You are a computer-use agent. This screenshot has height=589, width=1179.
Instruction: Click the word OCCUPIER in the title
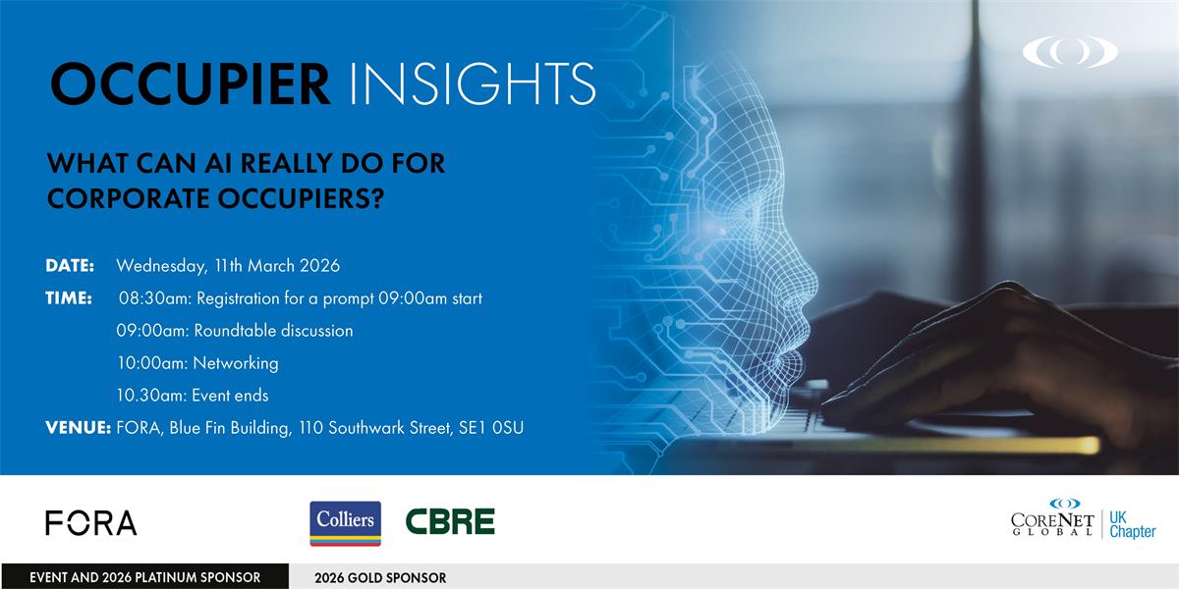pyautogui.click(x=190, y=84)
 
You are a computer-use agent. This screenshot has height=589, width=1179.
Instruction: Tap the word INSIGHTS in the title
pyautogui.click(x=473, y=84)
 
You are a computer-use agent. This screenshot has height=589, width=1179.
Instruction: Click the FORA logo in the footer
pyautogui.click(x=91, y=522)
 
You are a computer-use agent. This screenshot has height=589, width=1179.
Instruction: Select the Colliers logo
pyautogui.click(x=345, y=523)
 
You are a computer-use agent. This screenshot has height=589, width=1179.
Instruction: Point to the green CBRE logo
pyautogui.click(x=450, y=521)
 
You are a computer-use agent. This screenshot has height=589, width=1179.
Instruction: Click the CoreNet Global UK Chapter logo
pyautogui.click(x=1083, y=518)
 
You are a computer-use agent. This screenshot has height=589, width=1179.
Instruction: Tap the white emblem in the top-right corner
pyautogui.click(x=1070, y=51)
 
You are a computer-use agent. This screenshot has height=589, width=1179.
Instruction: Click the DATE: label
pyautogui.click(x=70, y=266)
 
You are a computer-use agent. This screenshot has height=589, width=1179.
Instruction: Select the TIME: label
pyautogui.click(x=69, y=298)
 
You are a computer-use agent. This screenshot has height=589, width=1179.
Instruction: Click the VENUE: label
pyautogui.click(x=79, y=428)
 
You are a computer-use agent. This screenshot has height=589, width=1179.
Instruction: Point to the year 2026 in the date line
pyautogui.click(x=319, y=266)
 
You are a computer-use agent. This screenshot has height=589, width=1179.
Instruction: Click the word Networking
pyautogui.click(x=236, y=363)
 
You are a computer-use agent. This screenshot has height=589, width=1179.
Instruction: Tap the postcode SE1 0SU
pyautogui.click(x=491, y=428)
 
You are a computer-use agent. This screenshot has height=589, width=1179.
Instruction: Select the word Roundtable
pyautogui.click(x=235, y=330)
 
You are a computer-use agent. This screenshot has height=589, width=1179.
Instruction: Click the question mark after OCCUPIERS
pyautogui.click(x=377, y=198)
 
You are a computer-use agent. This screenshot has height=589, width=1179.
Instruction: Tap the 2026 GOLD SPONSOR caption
pyautogui.click(x=380, y=578)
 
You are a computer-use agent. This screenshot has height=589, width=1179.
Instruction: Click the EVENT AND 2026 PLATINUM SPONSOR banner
pyautogui.click(x=144, y=577)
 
